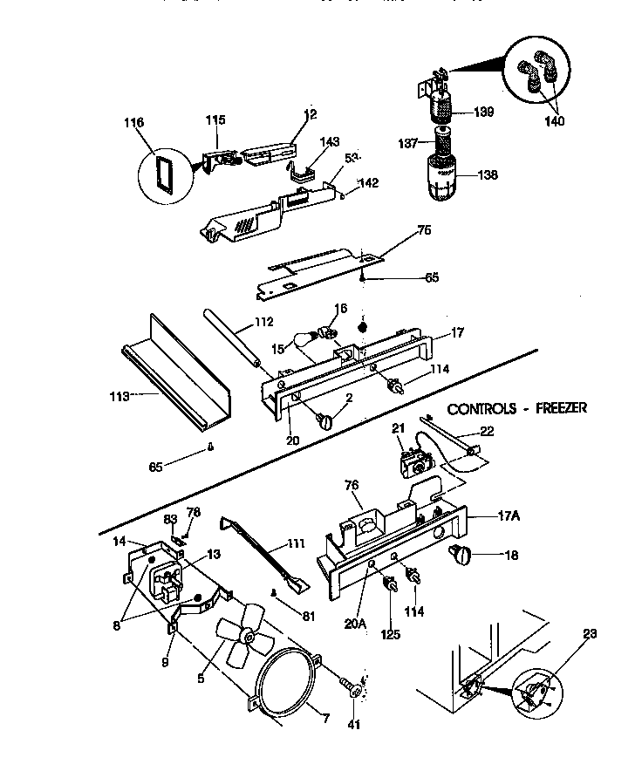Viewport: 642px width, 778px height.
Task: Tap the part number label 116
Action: coord(133,123)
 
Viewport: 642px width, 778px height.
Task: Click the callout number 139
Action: coord(484,112)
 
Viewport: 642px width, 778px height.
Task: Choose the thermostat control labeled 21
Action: coord(410,461)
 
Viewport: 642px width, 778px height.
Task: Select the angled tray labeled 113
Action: coord(174,375)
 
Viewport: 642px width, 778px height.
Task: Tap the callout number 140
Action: coord(554,121)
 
